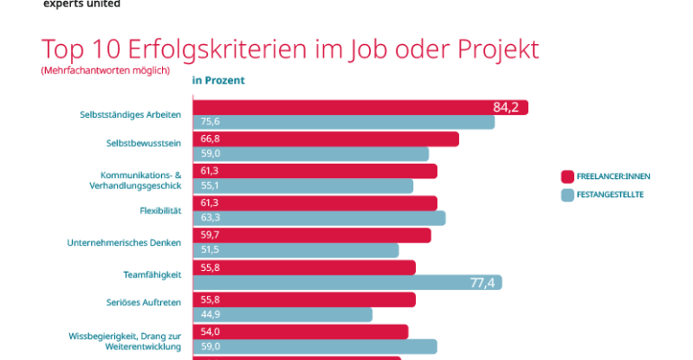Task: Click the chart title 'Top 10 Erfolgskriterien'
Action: (290, 49)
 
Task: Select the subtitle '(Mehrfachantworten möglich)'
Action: (105, 70)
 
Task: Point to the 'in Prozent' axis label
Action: (219, 80)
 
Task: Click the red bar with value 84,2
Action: (360, 107)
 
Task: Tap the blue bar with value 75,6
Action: (343, 121)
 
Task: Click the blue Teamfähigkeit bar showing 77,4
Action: (347, 283)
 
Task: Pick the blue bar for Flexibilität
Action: (319, 218)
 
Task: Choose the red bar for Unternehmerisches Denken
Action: (311, 235)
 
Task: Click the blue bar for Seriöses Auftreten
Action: (283, 314)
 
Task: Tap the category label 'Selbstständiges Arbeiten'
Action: (130, 114)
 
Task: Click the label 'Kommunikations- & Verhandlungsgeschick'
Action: (135, 179)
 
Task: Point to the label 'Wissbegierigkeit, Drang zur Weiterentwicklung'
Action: (125, 340)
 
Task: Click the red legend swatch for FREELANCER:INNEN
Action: (567, 176)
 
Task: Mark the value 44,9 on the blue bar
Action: (211, 315)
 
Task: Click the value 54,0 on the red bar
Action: (211, 332)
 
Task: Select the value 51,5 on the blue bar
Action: (211, 250)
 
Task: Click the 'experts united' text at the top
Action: (81, 4)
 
